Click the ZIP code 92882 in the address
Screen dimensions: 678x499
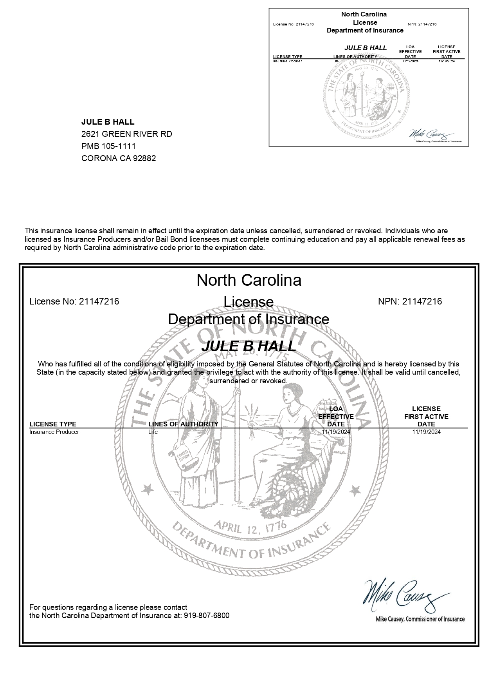[145, 158]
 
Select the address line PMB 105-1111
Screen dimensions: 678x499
[108, 146]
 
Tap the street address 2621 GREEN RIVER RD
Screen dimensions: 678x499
[126, 134]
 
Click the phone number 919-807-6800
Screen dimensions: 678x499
[206, 615]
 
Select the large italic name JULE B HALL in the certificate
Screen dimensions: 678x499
[249, 346]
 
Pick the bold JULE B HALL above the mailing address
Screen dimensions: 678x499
[108, 122]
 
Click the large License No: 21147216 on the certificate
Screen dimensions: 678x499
[74, 301]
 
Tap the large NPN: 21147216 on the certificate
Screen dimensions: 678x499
[410, 301]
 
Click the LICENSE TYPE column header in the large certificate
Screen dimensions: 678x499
[53, 424]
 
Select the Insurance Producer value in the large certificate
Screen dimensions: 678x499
[54, 432]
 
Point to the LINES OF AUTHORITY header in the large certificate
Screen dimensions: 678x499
[183, 424]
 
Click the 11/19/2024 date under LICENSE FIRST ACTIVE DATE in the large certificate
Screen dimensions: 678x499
[426, 432]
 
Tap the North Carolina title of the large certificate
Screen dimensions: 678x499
[249, 280]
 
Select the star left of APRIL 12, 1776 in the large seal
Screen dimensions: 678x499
[148, 489]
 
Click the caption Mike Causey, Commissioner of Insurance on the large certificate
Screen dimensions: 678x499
[420, 619]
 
